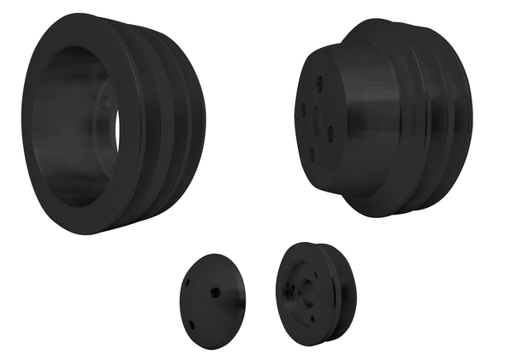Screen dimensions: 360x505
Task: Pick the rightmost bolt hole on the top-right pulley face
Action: pos(330,132)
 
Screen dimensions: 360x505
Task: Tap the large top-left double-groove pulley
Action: pos(111,120)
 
